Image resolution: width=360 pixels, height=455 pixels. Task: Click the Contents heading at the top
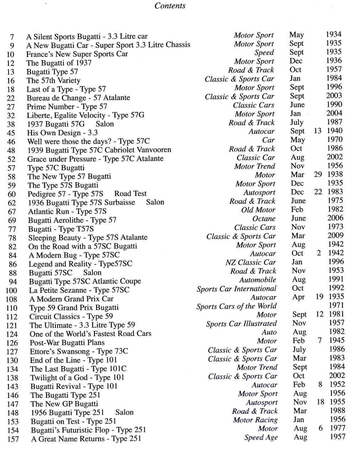coord(170,6)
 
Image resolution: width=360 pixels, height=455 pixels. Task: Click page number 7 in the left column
coord(12,37)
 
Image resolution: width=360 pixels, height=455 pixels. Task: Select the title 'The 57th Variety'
coord(53,80)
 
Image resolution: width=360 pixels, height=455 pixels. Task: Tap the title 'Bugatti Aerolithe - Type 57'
coord(72,220)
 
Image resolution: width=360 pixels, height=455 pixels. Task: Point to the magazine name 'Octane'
coord(264,219)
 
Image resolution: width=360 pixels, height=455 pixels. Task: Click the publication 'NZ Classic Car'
coord(250,262)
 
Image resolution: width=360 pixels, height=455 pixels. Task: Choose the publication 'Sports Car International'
coord(236,289)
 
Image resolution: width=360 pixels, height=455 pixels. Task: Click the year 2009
coord(335,235)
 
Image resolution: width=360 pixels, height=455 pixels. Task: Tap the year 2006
coord(335,218)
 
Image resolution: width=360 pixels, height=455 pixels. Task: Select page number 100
coord(11,290)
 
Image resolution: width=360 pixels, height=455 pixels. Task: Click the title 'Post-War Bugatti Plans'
coord(67,343)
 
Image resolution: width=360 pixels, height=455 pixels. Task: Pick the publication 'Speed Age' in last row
coord(261,438)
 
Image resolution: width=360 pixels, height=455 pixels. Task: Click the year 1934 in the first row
coord(333,34)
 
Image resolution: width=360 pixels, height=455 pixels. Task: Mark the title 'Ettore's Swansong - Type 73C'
coord(79,351)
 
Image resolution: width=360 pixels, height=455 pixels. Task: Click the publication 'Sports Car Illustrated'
coord(241,324)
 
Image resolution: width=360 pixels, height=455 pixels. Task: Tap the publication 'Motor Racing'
coord(255,420)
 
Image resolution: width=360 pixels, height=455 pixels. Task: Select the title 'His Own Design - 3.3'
coord(62,133)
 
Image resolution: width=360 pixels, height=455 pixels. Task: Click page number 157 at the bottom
coord(13,439)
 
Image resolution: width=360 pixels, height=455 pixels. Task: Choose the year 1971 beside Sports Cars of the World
coord(336,305)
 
